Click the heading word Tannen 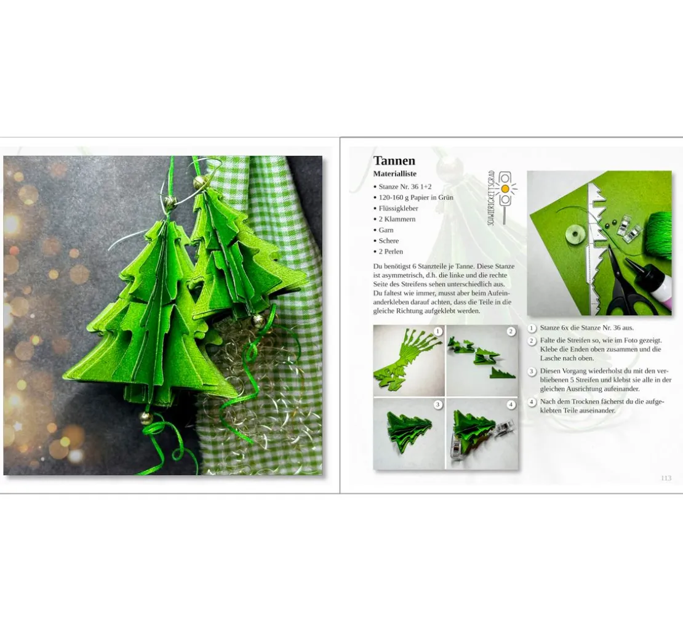point(394,161)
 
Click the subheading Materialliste point(394,174)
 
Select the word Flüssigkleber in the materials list point(398,208)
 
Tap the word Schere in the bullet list point(388,241)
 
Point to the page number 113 point(666,478)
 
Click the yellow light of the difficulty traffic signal point(505,189)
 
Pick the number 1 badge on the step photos point(437,332)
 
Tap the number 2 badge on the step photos point(511,332)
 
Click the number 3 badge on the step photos point(437,405)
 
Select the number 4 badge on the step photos point(511,405)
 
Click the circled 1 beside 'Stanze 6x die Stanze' point(532,328)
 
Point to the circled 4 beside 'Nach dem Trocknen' point(532,402)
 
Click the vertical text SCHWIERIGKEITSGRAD point(492,198)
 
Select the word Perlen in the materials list point(394,252)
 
